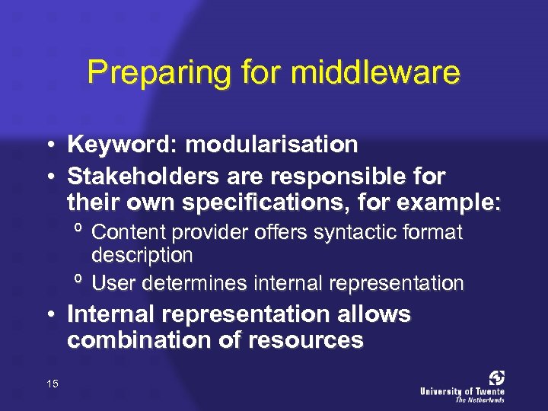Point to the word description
142,253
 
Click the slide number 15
53,384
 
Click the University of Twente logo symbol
496,378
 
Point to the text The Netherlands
479,400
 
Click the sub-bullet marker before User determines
78,281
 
